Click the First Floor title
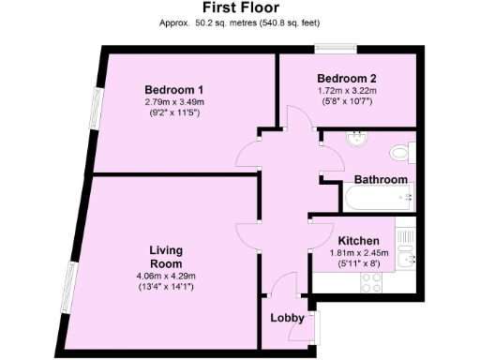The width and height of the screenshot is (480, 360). pyautogui.click(x=239, y=8)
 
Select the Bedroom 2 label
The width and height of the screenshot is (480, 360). pyautogui.click(x=347, y=78)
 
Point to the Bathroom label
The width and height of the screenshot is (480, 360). pyautogui.click(x=380, y=179)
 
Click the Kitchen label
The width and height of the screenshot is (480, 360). pyautogui.click(x=358, y=239)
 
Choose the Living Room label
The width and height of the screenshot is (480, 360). pyautogui.click(x=166, y=257)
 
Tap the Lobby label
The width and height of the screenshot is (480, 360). pyautogui.click(x=287, y=319)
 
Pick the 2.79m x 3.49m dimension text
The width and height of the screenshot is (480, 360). pyautogui.click(x=174, y=102)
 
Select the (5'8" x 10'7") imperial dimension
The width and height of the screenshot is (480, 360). pyautogui.click(x=347, y=102)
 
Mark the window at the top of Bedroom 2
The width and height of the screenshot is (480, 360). pyautogui.click(x=334, y=47)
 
